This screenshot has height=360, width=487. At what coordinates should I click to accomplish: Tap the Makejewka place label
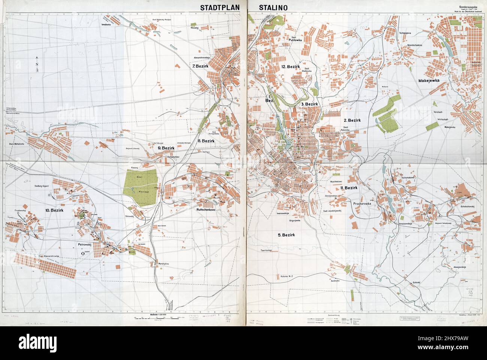(429, 81)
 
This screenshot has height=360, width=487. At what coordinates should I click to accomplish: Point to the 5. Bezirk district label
(287, 235)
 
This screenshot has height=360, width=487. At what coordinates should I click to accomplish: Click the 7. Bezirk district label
(200, 66)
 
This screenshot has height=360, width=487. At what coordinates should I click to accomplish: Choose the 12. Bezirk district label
(291, 66)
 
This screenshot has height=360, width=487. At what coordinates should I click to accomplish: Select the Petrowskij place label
(84, 244)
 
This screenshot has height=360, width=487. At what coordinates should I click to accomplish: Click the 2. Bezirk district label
(352, 120)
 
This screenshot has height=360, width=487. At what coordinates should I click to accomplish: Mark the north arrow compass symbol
(37, 64)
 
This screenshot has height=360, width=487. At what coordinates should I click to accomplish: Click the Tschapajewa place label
(405, 33)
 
